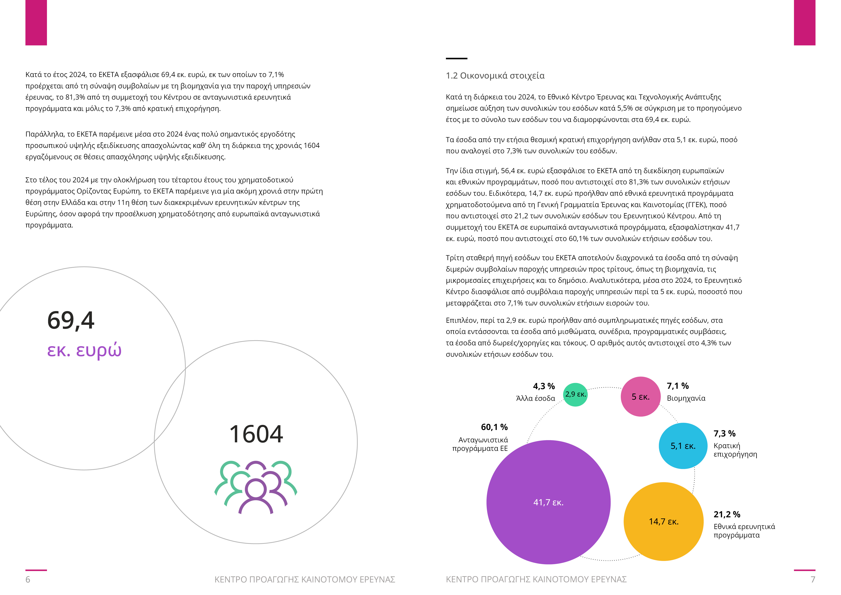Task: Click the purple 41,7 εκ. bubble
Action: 548,502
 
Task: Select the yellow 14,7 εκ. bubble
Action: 663,521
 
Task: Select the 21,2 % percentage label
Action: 727,514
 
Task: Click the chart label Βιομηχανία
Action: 686,398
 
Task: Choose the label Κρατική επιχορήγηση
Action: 735,450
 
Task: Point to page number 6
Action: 28,579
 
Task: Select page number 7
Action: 813,579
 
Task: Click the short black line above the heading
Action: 456,58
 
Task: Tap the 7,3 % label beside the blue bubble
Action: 724,433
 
